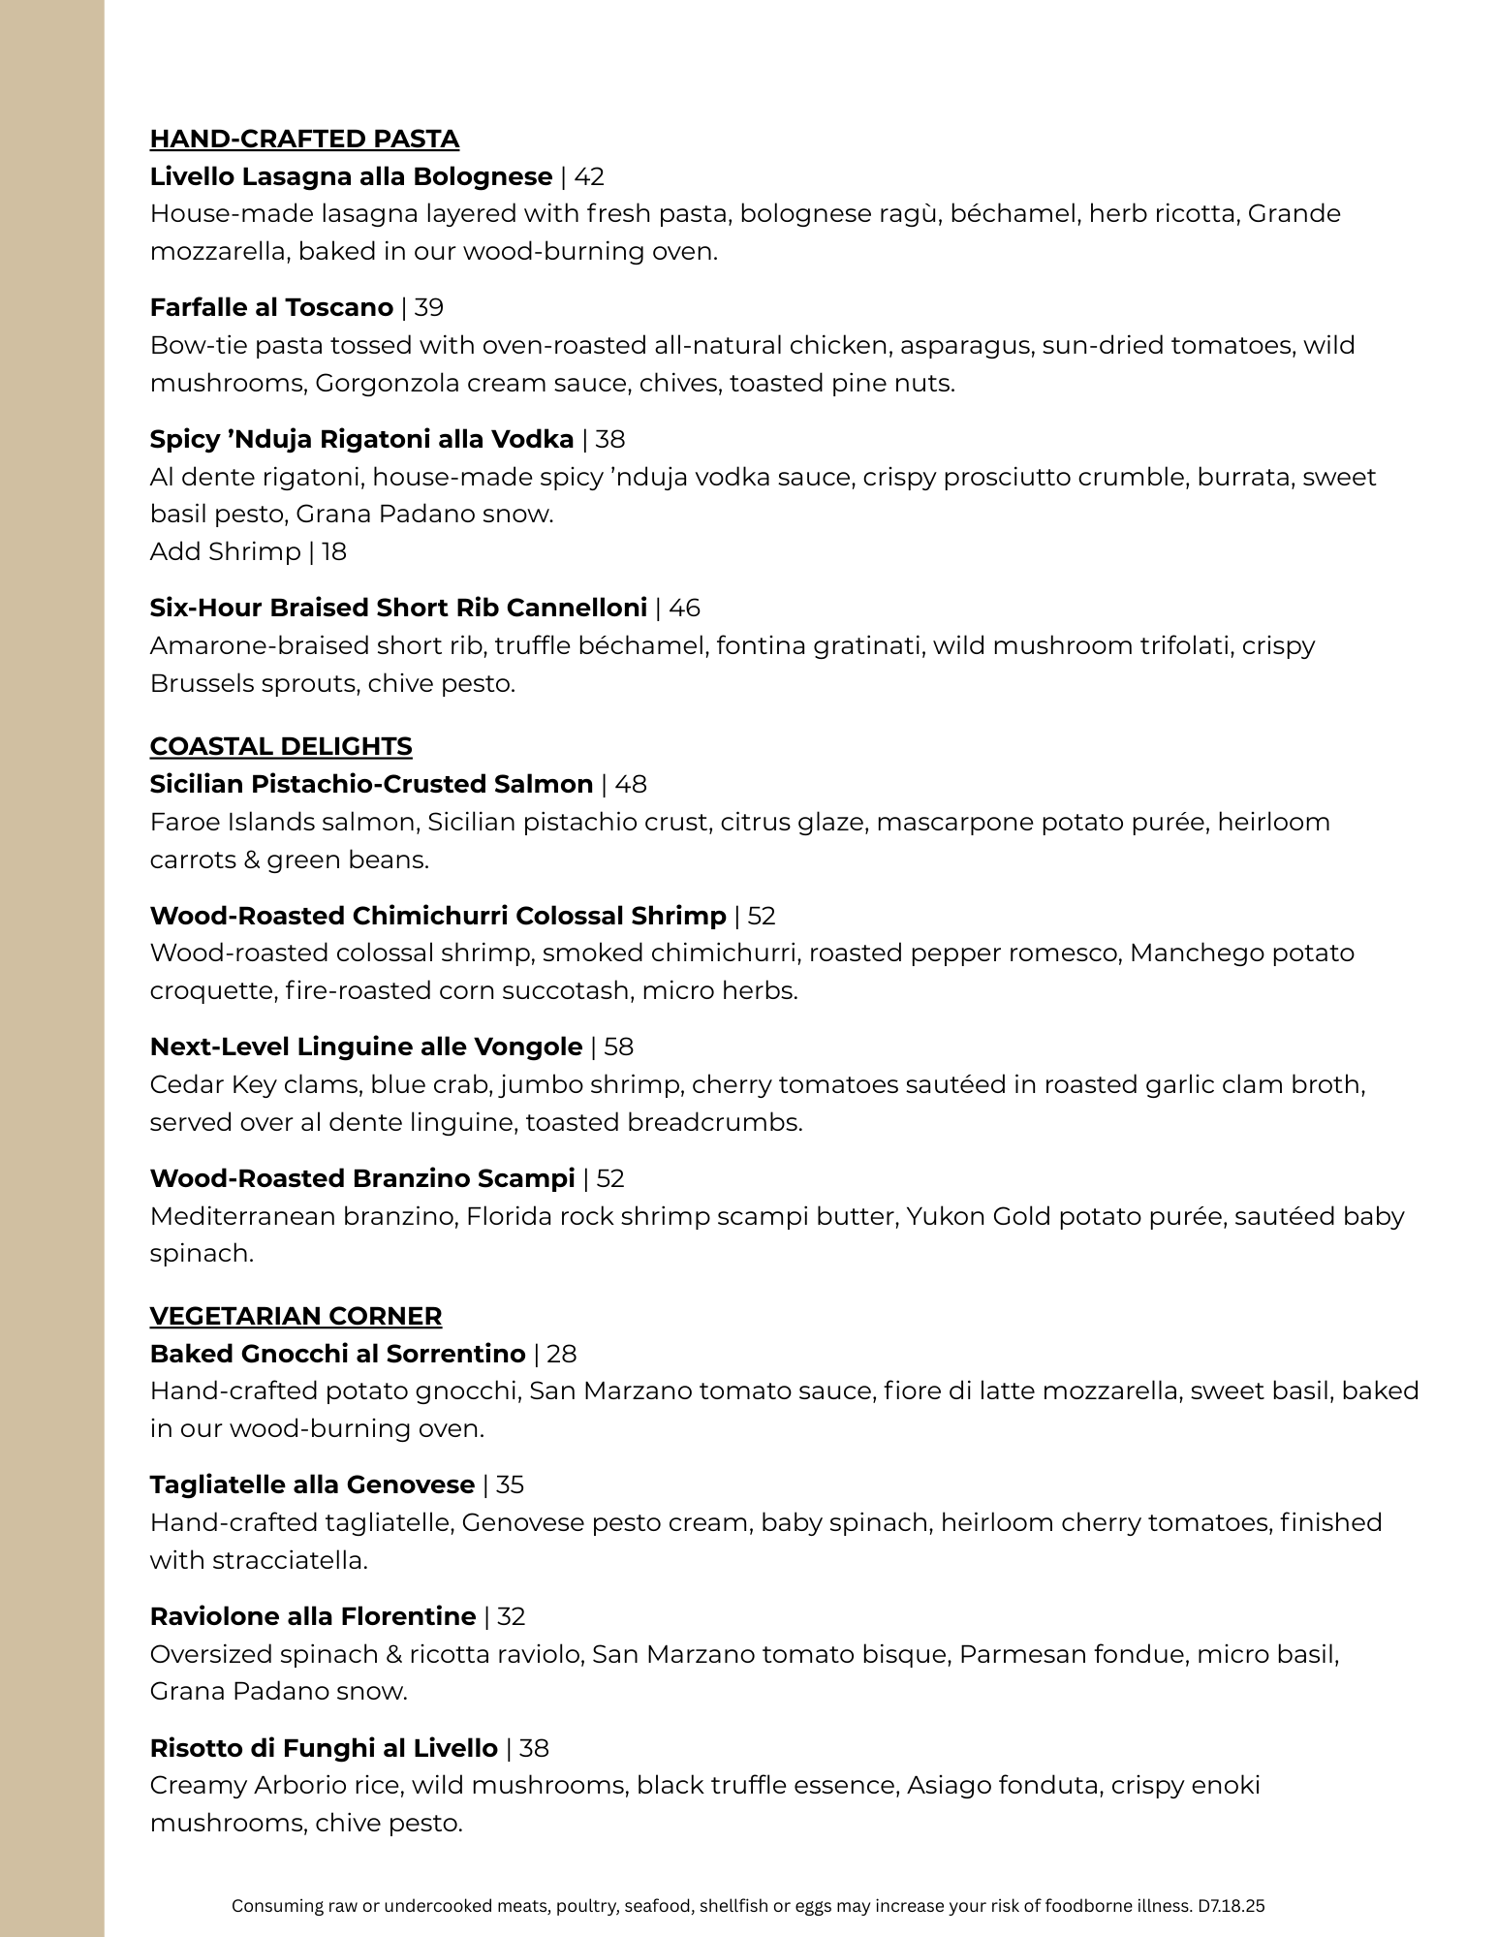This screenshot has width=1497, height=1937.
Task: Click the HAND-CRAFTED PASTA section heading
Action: tap(304, 140)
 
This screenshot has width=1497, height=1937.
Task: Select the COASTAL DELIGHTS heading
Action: tap(281, 746)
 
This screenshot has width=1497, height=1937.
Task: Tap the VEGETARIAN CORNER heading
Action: tap(296, 1316)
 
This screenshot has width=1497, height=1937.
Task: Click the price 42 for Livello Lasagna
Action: tap(589, 177)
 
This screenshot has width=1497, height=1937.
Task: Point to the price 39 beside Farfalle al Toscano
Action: tap(428, 308)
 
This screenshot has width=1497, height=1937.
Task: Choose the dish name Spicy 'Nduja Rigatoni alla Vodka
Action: tap(361, 440)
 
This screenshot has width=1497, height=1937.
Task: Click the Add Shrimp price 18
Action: tap(334, 552)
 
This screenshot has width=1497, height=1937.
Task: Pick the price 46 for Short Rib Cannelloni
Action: tap(684, 609)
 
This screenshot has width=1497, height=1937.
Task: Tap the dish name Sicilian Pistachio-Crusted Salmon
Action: tap(371, 785)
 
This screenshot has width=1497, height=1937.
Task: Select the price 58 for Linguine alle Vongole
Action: tap(618, 1047)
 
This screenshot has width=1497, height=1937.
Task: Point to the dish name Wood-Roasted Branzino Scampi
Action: tap(362, 1179)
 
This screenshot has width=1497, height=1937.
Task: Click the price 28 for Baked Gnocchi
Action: tap(562, 1355)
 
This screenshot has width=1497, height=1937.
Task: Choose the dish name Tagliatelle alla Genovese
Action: tap(312, 1485)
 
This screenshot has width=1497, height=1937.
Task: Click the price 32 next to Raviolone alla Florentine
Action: tap(511, 1617)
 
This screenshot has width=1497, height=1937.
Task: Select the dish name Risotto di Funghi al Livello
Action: tap(324, 1749)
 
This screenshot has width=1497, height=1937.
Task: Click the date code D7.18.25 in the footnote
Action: tap(1231, 1906)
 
